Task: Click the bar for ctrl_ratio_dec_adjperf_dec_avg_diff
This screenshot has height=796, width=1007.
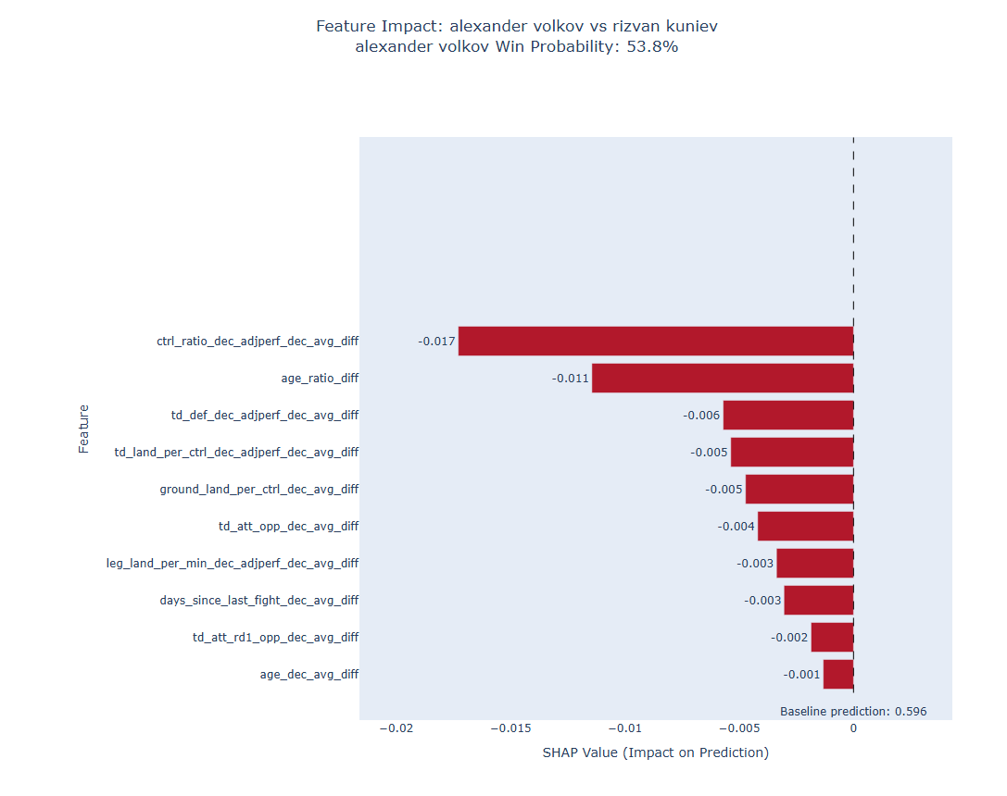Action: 656,341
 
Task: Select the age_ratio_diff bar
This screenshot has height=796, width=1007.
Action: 723,378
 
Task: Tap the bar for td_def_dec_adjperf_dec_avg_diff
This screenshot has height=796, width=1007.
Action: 788,415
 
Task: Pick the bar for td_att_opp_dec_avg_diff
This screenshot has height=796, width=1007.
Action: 805,526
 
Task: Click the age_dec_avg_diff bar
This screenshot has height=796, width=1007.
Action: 838,674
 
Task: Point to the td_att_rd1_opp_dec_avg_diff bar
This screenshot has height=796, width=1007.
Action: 832,637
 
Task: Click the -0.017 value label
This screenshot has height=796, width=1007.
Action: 436,342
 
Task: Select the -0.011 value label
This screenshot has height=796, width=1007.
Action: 571,379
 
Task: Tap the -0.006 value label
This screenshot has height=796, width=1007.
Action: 701,416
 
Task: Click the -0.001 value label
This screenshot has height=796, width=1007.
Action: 801,675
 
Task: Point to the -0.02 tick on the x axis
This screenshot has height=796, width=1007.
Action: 397,728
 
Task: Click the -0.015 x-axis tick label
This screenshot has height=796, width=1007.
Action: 510,728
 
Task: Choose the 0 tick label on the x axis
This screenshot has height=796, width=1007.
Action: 853,728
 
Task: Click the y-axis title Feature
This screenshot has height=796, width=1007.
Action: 83,429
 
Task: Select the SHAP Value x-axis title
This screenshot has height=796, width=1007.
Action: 656,752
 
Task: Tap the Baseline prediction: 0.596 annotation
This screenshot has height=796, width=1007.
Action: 853,712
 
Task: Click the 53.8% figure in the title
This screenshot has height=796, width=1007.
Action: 652,47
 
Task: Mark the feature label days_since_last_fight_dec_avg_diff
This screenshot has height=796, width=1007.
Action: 258,601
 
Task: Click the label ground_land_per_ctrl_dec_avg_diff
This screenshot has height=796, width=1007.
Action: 258,490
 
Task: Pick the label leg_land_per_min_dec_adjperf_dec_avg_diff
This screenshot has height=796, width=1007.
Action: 233,563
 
